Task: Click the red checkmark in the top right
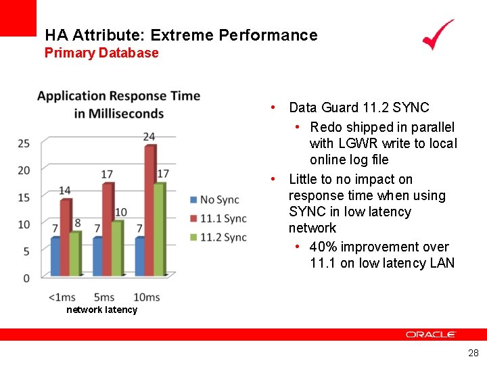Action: (438, 35)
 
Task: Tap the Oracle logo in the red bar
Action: (431, 334)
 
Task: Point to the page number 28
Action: (473, 353)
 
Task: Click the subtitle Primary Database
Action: (101, 53)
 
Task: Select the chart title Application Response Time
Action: (119, 96)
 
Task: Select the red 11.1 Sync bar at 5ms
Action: (108, 228)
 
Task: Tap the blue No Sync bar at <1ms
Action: (55, 256)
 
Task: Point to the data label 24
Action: (149, 137)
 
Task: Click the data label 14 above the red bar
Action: (64, 191)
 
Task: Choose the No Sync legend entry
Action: (215, 199)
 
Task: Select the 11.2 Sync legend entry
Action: (218, 237)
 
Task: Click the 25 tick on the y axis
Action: (24, 143)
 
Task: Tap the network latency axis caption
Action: (101, 310)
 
